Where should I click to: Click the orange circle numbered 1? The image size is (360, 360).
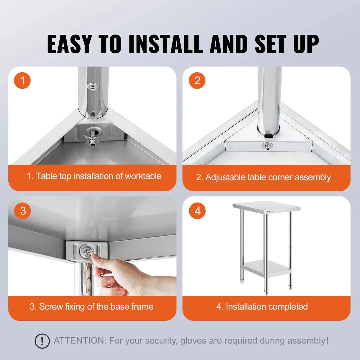(x=22, y=80)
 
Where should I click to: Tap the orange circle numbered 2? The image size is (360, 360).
(x=197, y=80)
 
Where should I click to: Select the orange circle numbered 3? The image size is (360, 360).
(x=22, y=211)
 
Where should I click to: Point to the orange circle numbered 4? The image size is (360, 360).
(x=197, y=211)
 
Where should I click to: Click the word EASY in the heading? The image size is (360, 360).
(x=69, y=44)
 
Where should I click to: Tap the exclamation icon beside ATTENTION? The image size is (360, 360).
(x=42, y=341)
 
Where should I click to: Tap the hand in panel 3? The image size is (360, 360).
(x=126, y=276)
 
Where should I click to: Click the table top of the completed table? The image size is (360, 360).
(x=266, y=206)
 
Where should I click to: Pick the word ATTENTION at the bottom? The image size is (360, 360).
(x=80, y=341)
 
